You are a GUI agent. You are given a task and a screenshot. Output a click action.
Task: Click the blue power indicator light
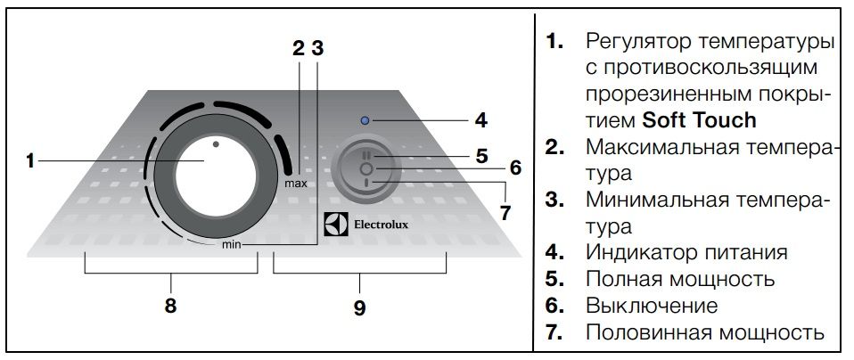click(365, 119)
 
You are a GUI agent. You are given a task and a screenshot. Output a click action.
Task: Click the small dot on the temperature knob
click(215, 143)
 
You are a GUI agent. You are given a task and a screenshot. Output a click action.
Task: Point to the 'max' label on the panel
click(297, 184)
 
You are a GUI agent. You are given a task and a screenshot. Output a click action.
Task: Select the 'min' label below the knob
click(232, 243)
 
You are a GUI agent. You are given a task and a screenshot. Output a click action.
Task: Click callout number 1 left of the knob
click(29, 161)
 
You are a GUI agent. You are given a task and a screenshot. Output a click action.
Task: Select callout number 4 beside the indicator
click(480, 119)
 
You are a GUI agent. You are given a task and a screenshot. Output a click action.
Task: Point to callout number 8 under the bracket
click(170, 306)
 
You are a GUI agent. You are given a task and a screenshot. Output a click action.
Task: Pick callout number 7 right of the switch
click(505, 212)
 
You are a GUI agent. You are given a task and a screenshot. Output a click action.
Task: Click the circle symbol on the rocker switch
click(365, 168)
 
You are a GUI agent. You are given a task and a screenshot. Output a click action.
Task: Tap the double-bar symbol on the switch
click(365, 155)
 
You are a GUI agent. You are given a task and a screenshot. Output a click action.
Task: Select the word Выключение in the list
click(651, 306)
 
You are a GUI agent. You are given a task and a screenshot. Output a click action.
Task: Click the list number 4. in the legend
click(554, 252)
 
